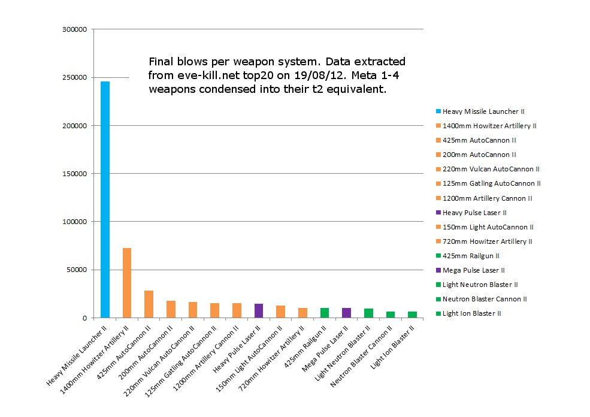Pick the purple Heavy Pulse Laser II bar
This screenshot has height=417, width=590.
259,310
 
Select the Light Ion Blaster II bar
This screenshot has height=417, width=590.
412,315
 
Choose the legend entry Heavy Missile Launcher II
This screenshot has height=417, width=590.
483,111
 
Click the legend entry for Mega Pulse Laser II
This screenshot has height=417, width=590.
473,270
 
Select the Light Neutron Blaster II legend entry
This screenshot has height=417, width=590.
480,285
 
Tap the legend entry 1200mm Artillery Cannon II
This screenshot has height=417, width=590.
487,198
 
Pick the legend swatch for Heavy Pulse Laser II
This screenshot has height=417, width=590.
438,213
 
